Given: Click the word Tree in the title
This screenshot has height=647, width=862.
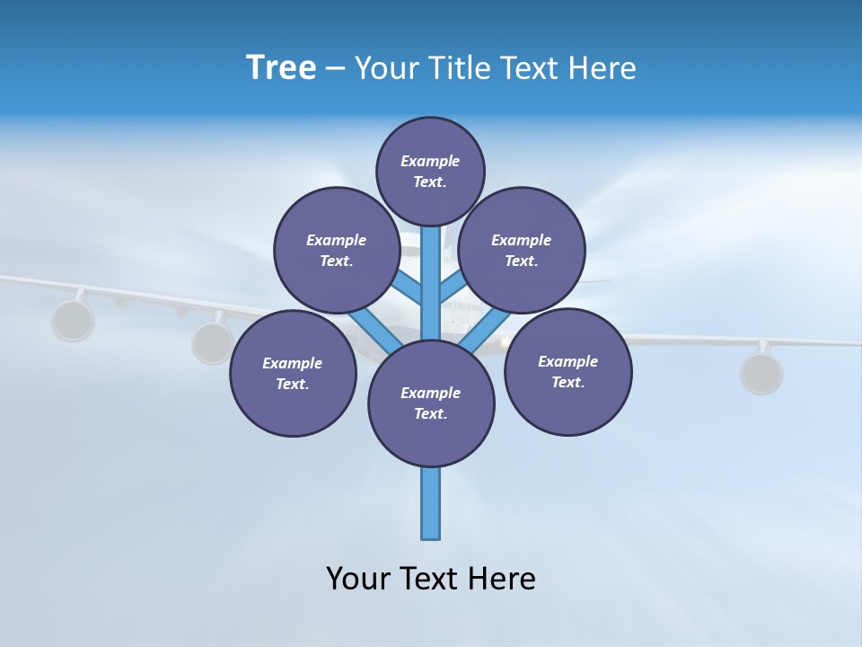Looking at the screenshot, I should pyautogui.click(x=281, y=67).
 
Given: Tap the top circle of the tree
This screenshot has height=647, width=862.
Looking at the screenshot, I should pyautogui.click(x=430, y=171).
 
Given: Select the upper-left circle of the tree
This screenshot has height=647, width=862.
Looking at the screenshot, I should pyautogui.click(x=336, y=250).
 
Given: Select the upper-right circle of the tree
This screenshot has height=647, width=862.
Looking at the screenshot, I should pyautogui.click(x=522, y=250).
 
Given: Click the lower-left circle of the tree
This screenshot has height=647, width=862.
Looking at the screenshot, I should pyautogui.click(x=293, y=373).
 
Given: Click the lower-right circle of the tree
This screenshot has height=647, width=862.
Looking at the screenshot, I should pyautogui.click(x=567, y=371).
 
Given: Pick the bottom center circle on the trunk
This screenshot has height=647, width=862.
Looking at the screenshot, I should pyautogui.click(x=431, y=403).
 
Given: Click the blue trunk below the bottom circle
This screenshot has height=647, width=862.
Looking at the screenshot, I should pyautogui.click(x=431, y=503).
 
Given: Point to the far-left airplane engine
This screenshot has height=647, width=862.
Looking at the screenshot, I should pyautogui.click(x=72, y=321).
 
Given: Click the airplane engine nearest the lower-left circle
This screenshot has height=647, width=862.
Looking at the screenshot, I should pyautogui.click(x=212, y=342).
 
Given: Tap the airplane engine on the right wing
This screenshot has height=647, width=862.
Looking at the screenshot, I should pyautogui.click(x=761, y=373).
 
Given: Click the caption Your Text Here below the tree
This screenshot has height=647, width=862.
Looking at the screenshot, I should pyautogui.click(x=431, y=578).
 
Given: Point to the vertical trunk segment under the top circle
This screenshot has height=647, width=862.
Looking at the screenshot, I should pyautogui.click(x=431, y=279).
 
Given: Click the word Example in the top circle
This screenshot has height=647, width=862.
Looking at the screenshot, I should pyautogui.click(x=430, y=161).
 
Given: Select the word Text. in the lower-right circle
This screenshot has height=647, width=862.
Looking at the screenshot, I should pyautogui.click(x=567, y=382).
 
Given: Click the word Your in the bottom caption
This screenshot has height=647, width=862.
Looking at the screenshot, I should pyautogui.click(x=359, y=578).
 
